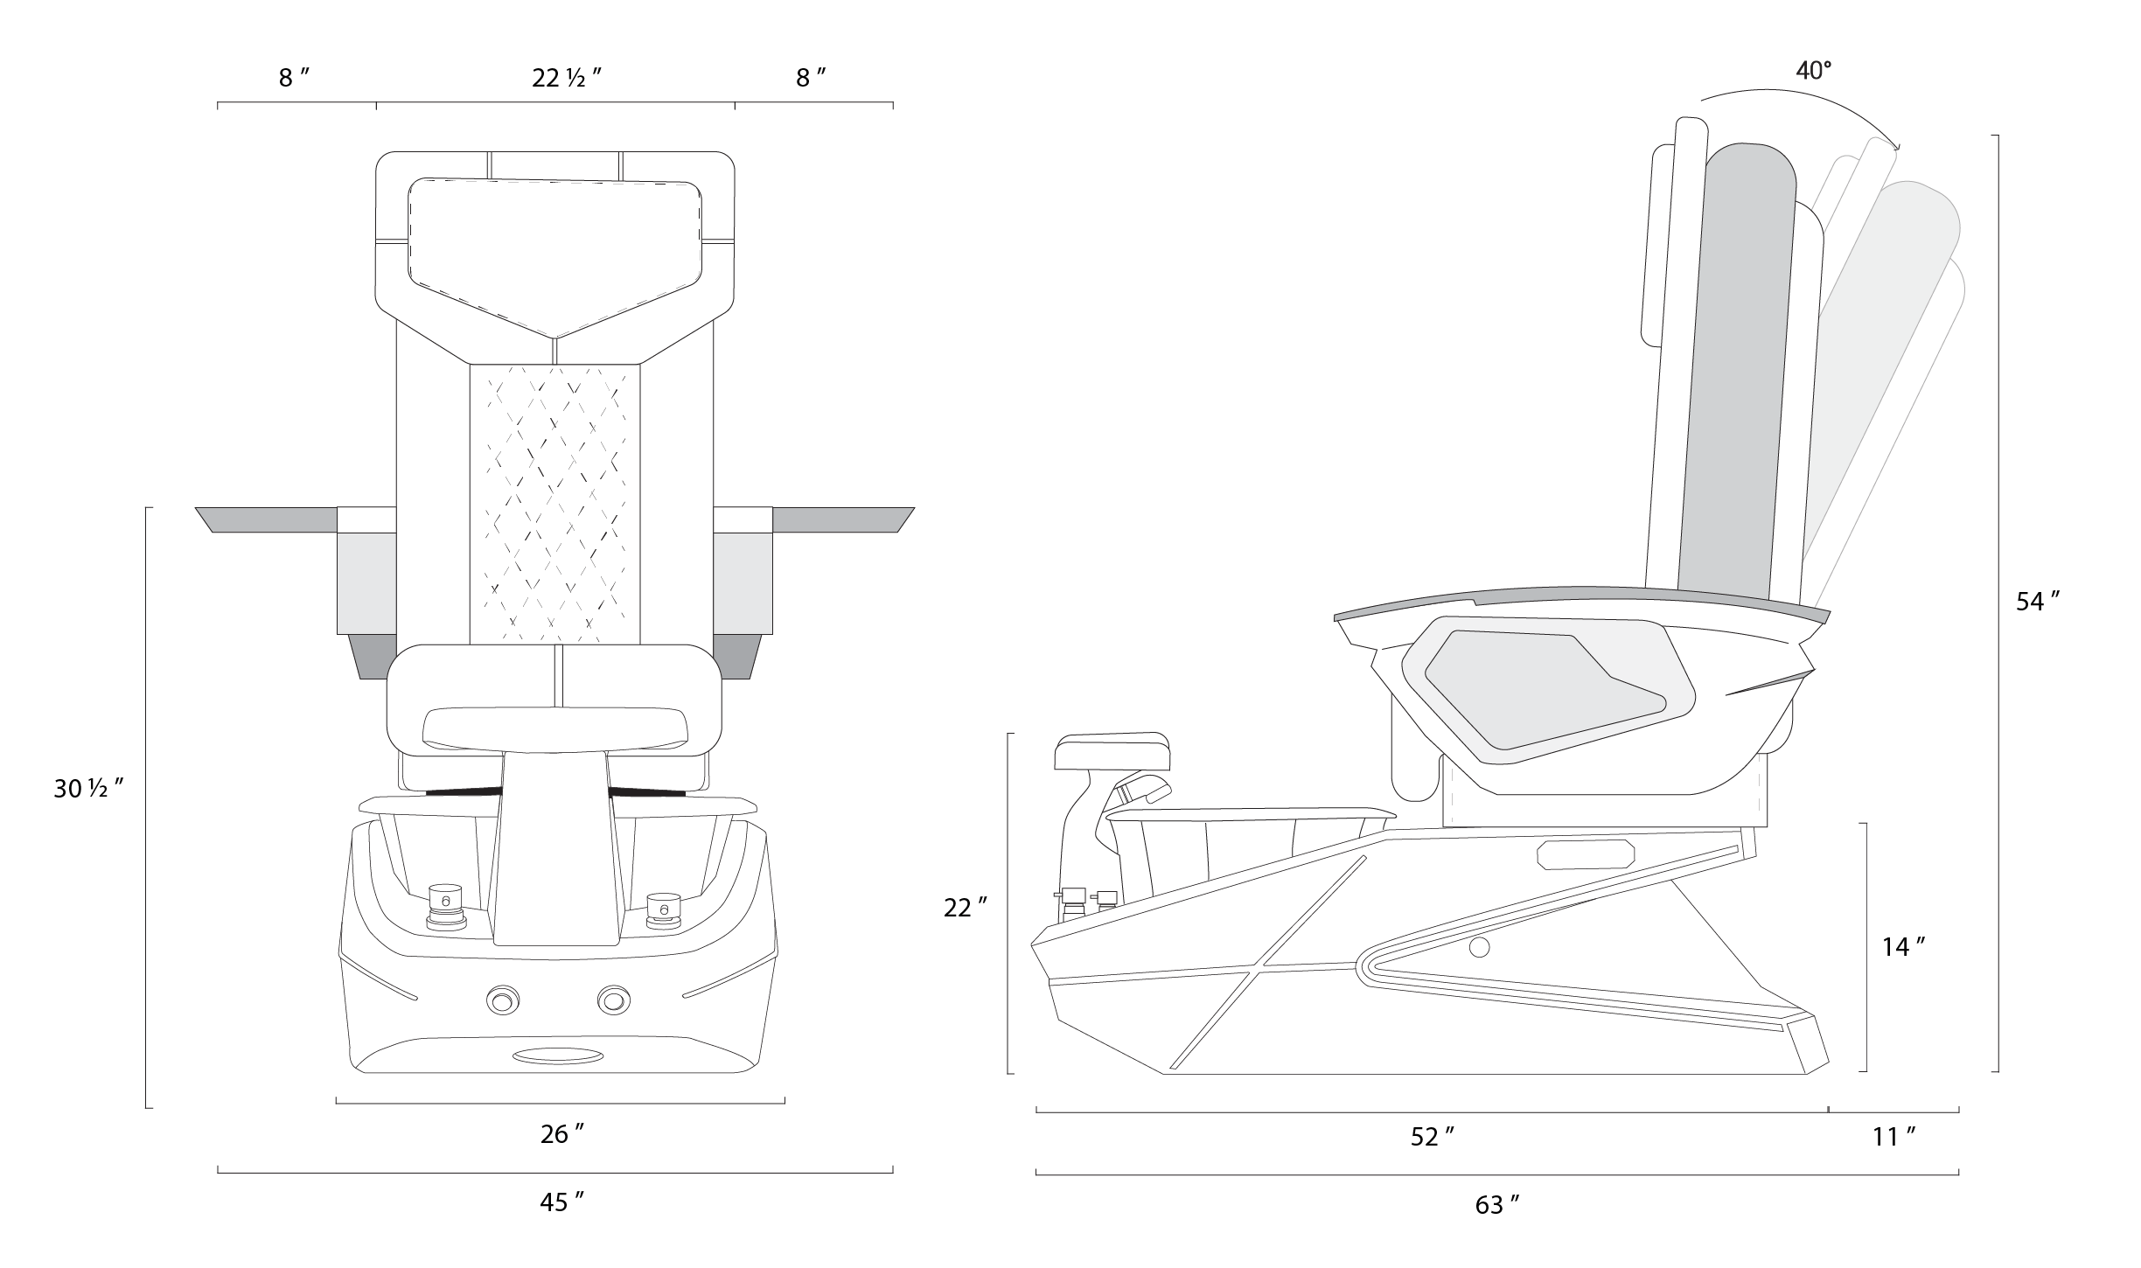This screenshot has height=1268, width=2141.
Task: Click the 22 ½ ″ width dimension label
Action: (x=567, y=79)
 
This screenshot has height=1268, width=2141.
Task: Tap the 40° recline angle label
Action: (x=1813, y=71)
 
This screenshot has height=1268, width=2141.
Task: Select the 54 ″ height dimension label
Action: (x=2038, y=602)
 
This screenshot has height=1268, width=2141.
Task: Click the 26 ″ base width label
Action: (x=561, y=1134)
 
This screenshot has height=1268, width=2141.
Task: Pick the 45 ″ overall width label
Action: (x=561, y=1202)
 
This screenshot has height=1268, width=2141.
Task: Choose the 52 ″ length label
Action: (x=1433, y=1137)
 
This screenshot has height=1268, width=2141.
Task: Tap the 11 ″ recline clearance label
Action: (x=1893, y=1137)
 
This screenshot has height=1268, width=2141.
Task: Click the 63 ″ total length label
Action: (x=1497, y=1205)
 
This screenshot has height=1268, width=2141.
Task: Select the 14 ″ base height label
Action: (x=1903, y=947)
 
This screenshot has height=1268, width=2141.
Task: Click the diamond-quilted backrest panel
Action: (x=555, y=503)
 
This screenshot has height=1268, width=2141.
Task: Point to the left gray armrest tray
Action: (x=267, y=519)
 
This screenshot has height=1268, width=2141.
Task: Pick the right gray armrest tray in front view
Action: (x=842, y=519)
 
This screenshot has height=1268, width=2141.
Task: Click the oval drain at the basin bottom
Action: (x=557, y=1056)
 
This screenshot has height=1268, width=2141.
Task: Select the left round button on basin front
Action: (x=503, y=999)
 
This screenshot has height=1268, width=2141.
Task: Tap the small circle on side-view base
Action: (x=1479, y=947)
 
